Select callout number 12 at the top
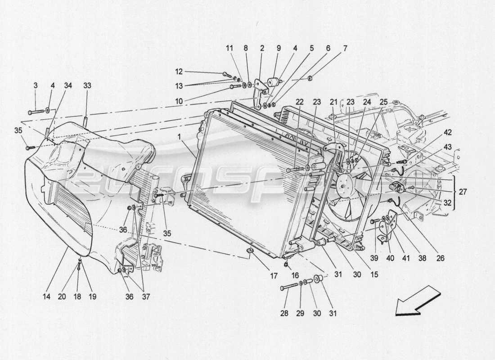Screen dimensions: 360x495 point(179,71)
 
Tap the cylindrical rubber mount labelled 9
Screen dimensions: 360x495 point(273,83)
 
